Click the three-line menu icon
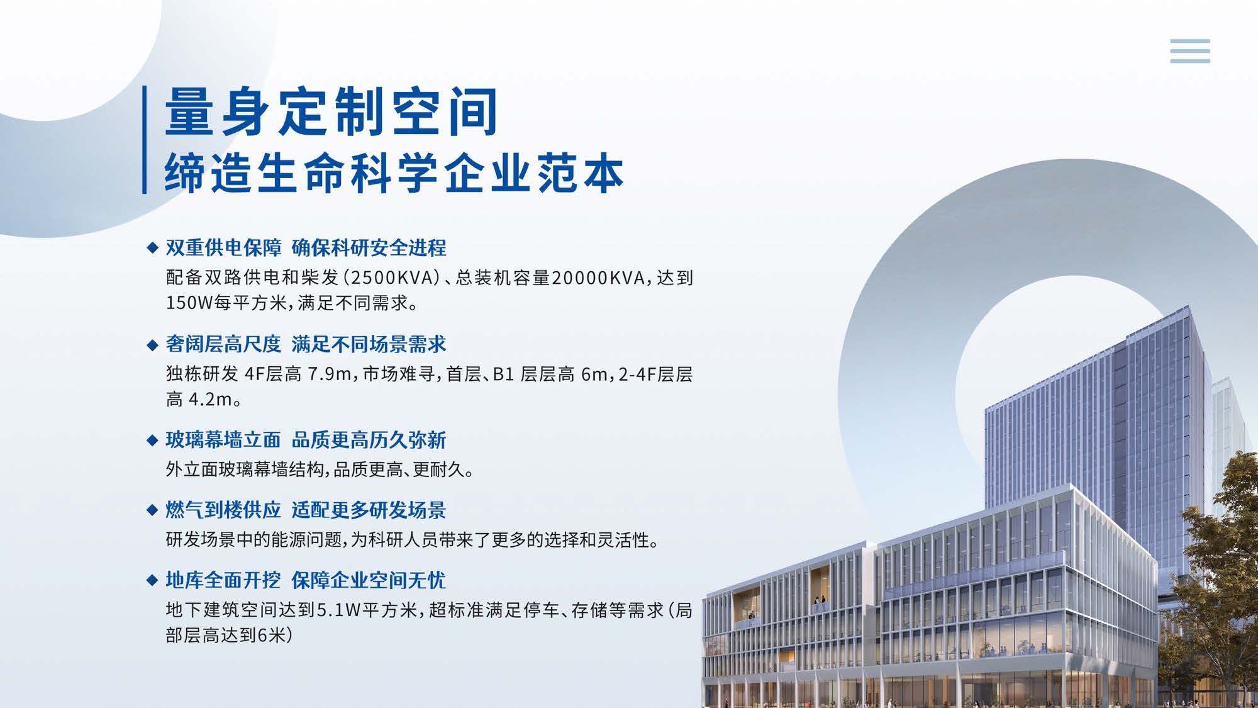[x=1190, y=51]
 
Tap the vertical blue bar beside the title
[x=145, y=140]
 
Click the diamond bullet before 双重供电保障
[x=152, y=248]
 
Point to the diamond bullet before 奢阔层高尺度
[x=152, y=345]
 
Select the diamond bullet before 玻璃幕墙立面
[x=152, y=441]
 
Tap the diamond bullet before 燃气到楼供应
[x=152, y=510]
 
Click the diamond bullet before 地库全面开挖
[x=152, y=580]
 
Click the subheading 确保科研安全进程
[x=369, y=248]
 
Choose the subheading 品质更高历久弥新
[x=369, y=441]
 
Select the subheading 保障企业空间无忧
[x=369, y=580]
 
